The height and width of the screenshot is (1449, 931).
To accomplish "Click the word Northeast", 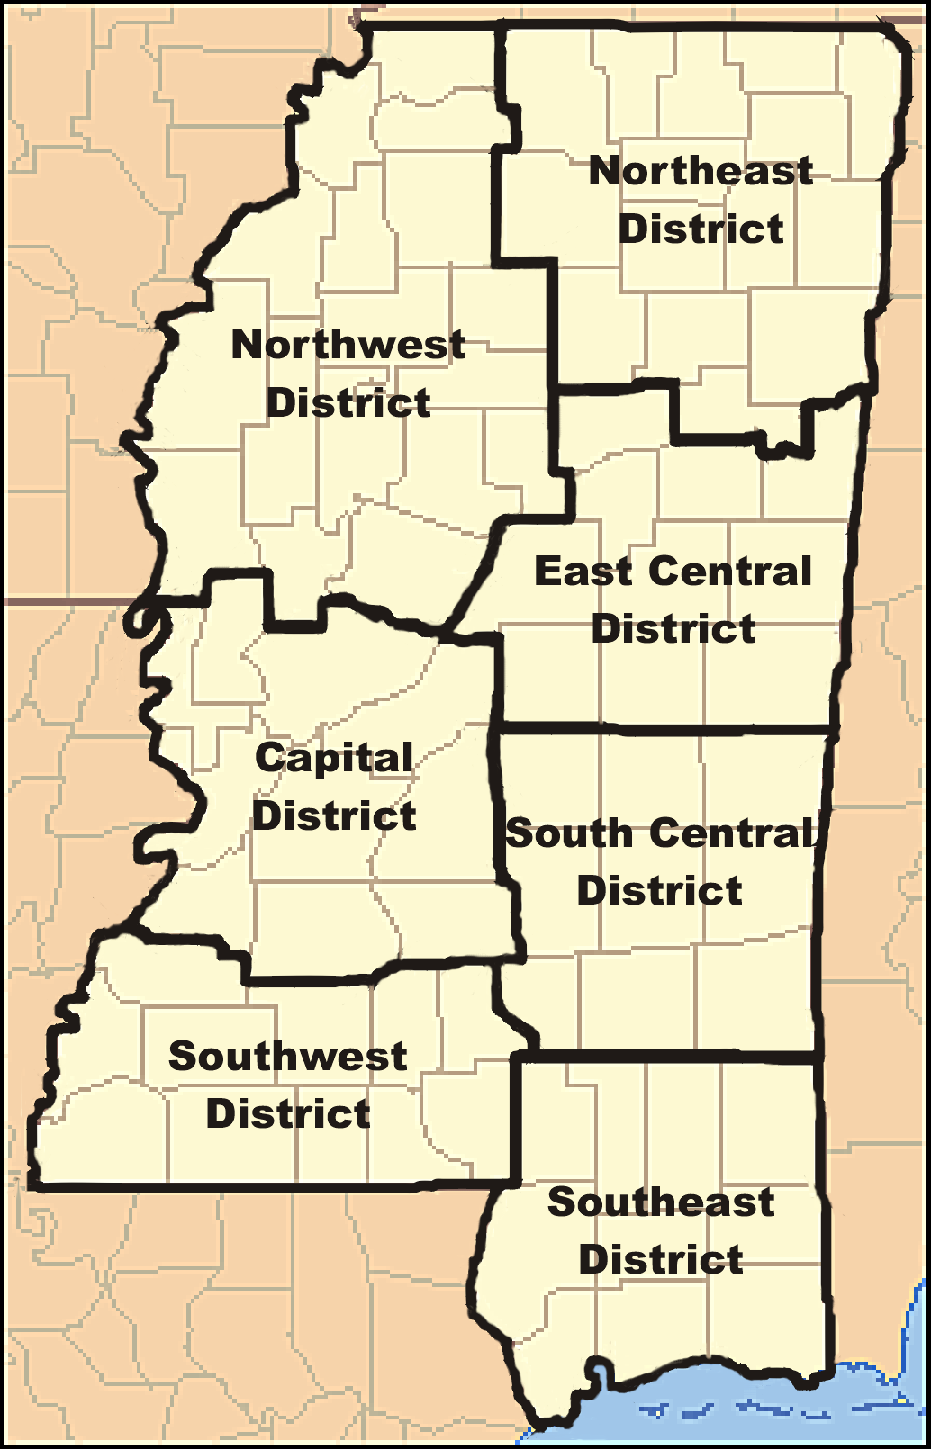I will (x=701, y=171).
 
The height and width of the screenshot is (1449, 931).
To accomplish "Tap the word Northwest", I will (x=348, y=345).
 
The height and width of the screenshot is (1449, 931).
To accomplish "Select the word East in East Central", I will (x=583, y=571).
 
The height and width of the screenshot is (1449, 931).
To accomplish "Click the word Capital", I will (x=334, y=758).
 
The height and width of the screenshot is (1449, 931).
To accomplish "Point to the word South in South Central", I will (x=569, y=833).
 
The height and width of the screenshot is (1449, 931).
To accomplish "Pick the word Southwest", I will (x=287, y=1057).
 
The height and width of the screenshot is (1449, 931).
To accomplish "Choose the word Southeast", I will (x=661, y=1202).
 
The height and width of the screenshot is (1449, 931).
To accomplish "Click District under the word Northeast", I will (x=701, y=229).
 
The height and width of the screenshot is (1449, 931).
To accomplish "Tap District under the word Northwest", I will (x=348, y=402).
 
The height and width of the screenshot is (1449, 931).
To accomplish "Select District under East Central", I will (x=673, y=629).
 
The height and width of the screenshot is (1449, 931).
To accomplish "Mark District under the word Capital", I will (x=334, y=816).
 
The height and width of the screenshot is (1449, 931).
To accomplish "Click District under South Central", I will (x=660, y=891).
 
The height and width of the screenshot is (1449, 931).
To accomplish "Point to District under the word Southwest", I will (x=287, y=1114).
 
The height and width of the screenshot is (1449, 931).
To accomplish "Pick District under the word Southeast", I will (x=661, y=1260).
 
